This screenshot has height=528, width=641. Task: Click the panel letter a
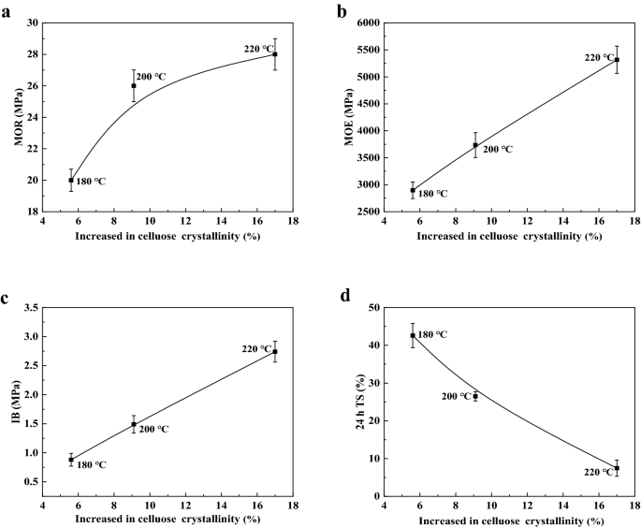click(x=7, y=12)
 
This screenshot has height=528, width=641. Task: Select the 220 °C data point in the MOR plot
click(x=275, y=54)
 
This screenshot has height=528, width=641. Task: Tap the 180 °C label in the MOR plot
click(x=91, y=182)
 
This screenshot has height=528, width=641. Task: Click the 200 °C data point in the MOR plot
click(x=134, y=85)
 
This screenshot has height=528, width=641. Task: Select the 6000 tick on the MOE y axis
click(x=366, y=22)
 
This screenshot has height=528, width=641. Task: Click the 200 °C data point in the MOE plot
click(x=475, y=145)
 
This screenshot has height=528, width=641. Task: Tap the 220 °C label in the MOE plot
click(x=600, y=58)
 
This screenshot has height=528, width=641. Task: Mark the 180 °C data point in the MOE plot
click(x=413, y=190)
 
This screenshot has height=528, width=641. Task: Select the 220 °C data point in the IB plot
click(x=275, y=351)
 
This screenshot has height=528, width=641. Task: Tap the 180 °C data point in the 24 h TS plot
click(x=413, y=335)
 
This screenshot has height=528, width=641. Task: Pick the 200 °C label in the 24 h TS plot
click(x=456, y=397)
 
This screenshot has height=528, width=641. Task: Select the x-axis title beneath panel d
click(x=509, y=521)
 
